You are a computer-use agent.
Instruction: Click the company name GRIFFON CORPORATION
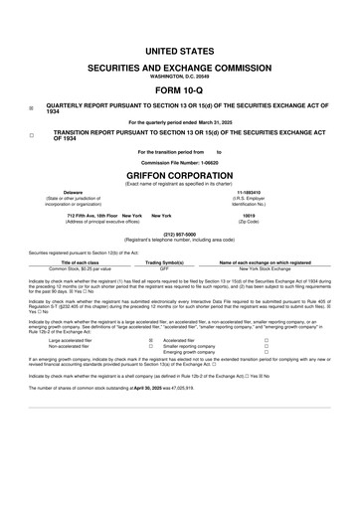180,174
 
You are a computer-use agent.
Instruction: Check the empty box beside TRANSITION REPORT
32,134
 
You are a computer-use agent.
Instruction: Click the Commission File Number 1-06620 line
180,161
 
